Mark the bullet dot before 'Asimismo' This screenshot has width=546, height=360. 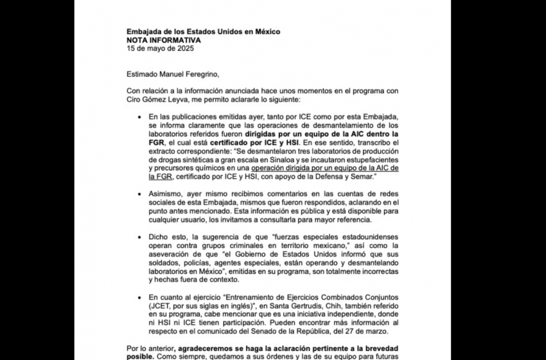pyautogui.click(x=140, y=193)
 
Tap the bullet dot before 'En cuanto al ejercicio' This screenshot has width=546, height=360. pyautogui.click(x=140, y=297)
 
